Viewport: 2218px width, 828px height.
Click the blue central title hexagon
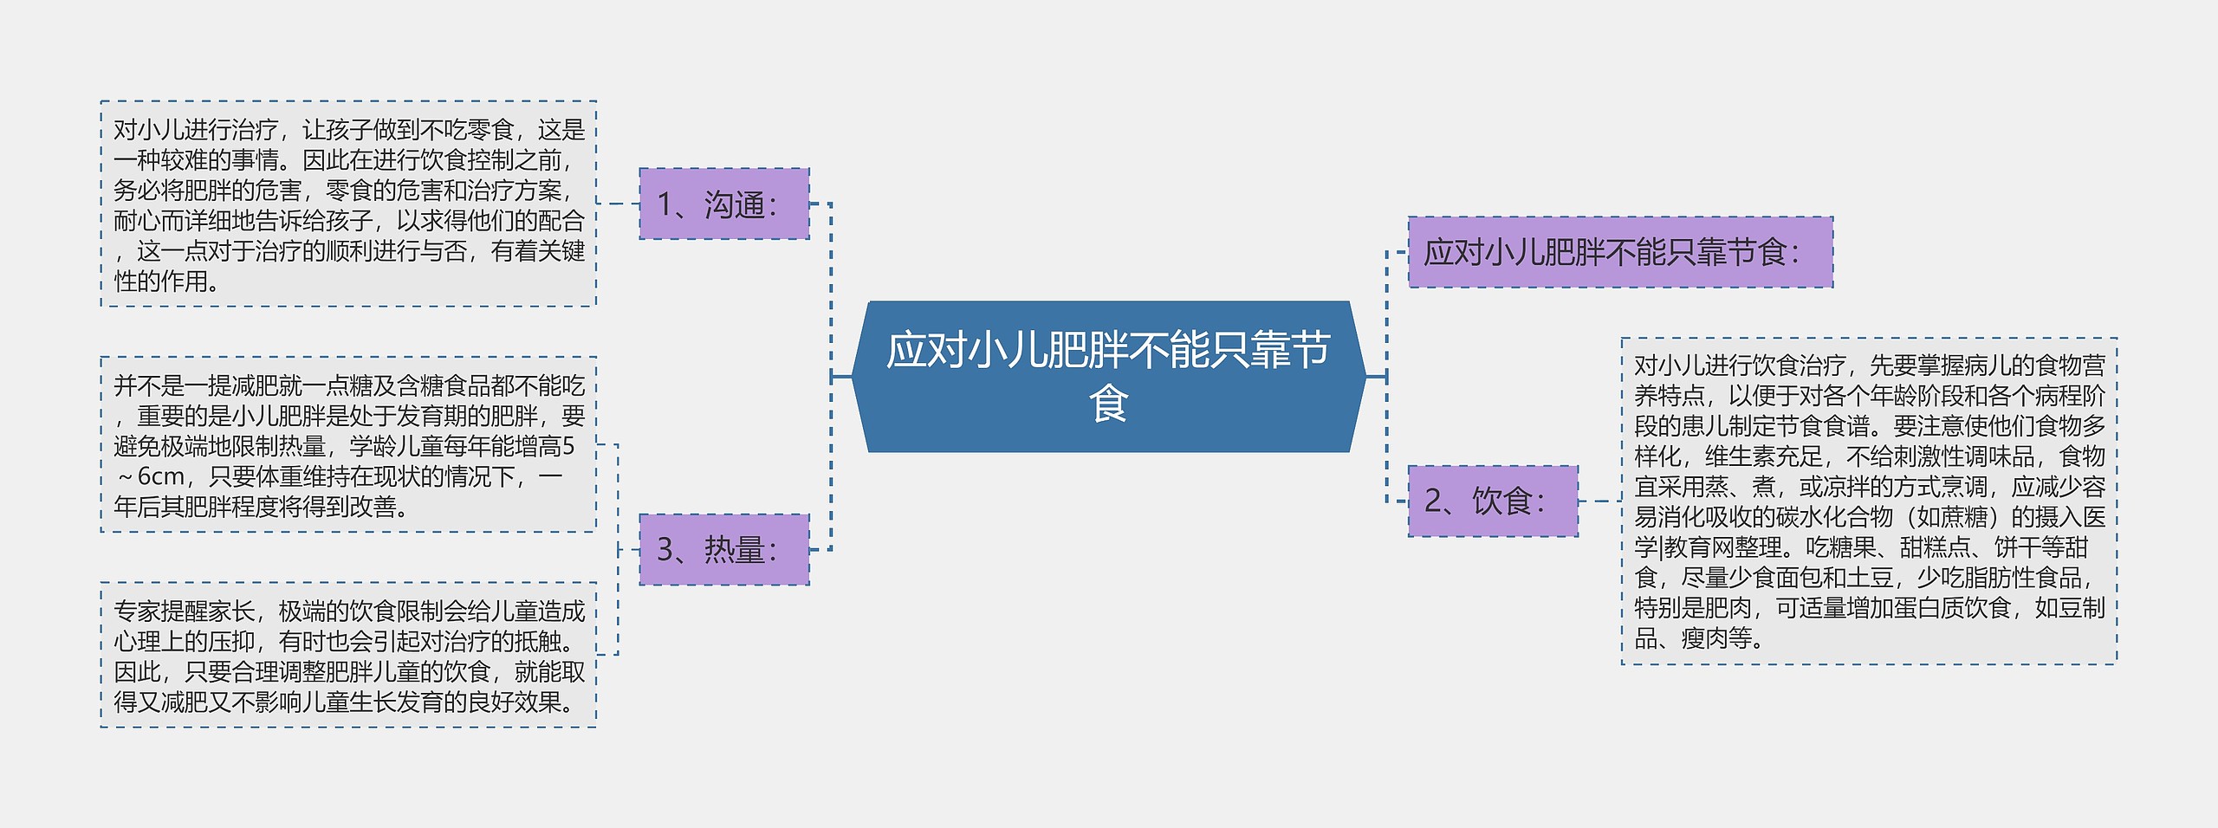1108,376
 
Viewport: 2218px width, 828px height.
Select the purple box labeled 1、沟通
723,204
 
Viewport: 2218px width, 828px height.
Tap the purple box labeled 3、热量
723,549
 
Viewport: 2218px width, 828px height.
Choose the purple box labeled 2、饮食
1492,501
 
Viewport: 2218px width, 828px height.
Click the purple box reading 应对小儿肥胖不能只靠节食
1619,252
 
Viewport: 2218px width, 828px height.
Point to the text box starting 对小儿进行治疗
348,204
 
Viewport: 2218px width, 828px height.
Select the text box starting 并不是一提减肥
348,445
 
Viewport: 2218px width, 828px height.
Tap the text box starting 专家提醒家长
348,656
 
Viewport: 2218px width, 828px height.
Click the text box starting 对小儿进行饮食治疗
1869,501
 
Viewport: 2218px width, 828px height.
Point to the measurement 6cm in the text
161,476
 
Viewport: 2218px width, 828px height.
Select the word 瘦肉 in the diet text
1704,639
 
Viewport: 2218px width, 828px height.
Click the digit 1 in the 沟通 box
665,205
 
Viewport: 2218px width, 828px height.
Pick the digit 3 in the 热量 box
665,550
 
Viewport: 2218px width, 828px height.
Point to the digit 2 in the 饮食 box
1433,501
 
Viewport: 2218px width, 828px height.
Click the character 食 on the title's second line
1108,404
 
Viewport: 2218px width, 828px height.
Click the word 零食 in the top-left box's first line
490,130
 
